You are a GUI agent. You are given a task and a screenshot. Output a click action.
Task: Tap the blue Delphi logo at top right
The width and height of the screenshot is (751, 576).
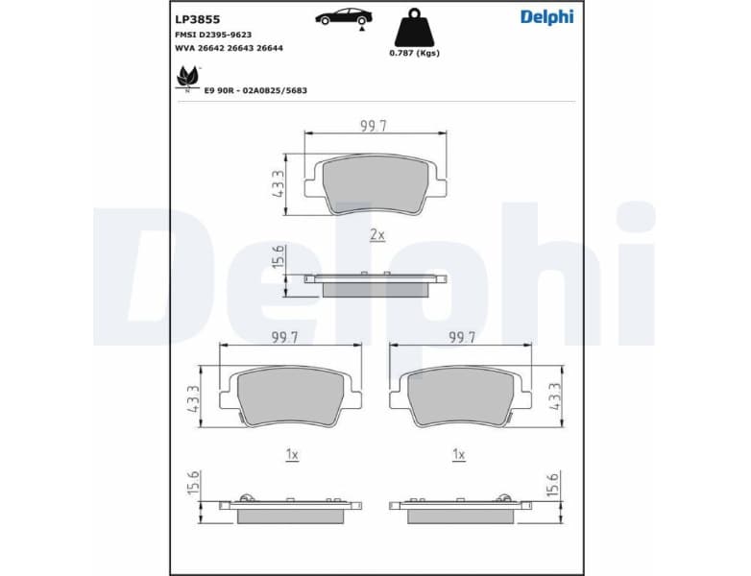(x=546, y=16)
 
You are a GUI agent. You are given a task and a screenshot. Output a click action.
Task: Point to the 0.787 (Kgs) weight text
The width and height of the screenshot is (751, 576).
(x=414, y=53)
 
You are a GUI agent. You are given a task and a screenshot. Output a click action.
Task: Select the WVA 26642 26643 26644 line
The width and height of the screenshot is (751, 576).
(x=229, y=47)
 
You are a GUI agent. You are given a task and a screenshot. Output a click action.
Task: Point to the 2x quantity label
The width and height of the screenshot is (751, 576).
(x=376, y=234)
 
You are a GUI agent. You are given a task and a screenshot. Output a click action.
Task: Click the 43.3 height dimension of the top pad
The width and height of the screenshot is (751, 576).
(x=278, y=182)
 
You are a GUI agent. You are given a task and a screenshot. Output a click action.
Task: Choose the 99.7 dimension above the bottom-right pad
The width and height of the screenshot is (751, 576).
(x=462, y=338)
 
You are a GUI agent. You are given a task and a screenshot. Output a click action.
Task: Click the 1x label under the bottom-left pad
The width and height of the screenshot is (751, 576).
(x=293, y=454)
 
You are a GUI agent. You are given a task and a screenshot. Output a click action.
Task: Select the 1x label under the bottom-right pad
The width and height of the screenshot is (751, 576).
(x=459, y=454)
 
